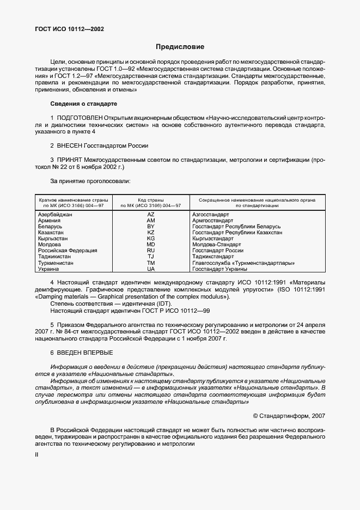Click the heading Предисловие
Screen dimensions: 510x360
[x=180, y=47]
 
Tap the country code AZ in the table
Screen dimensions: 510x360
[x=151, y=215]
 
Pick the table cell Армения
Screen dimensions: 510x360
[x=50, y=220]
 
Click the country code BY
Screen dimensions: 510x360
[x=151, y=226]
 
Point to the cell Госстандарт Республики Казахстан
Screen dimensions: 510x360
[x=237, y=232]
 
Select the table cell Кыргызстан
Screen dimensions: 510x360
[x=53, y=239]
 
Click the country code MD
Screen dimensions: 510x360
[x=151, y=245]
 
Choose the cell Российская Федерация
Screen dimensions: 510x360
[x=68, y=251]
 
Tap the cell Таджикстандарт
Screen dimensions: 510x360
[x=213, y=257]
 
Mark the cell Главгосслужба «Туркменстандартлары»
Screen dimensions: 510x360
[x=243, y=263]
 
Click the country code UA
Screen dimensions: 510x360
[x=151, y=269]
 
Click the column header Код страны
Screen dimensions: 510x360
[x=151, y=200]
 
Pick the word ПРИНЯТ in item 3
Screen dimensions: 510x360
[x=69, y=160]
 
